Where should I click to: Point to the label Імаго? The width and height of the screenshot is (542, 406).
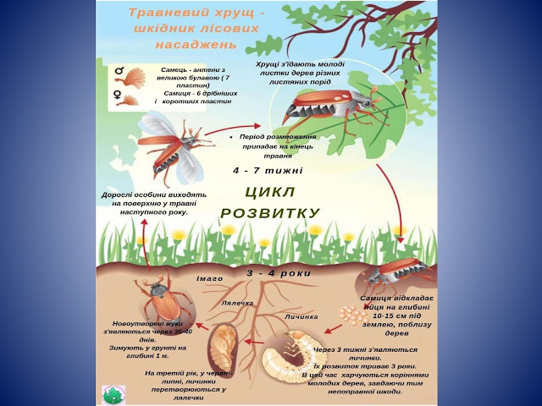(209, 278)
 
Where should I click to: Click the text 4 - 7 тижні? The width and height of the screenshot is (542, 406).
(268, 170)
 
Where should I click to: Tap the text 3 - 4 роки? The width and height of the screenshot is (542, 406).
(279, 274)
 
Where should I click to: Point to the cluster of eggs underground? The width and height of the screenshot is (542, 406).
(354, 315)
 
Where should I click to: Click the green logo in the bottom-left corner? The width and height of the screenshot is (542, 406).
(113, 394)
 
